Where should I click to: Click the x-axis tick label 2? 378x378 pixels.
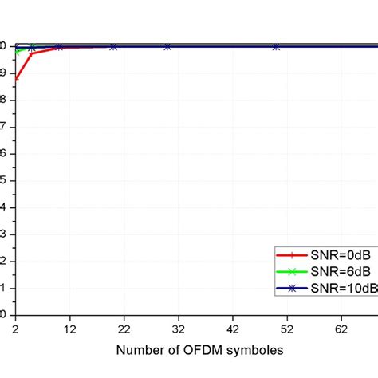(15, 328)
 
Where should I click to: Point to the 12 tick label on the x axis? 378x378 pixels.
(69, 328)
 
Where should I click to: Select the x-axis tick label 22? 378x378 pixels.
(124, 328)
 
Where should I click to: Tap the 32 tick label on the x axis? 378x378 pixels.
(178, 328)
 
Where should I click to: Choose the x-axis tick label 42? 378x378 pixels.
(232, 328)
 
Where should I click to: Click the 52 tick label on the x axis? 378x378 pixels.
(286, 328)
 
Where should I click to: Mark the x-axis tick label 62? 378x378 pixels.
(341, 328)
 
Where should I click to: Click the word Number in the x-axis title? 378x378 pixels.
(142, 349)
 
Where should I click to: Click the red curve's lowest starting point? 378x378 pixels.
(15, 78)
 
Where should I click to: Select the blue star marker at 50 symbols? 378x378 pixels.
(275, 47)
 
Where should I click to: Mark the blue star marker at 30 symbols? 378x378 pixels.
(167, 47)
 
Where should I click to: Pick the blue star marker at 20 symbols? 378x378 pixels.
(112, 47)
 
